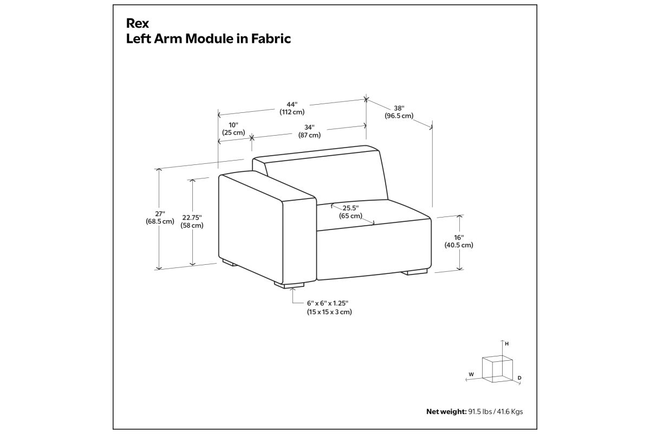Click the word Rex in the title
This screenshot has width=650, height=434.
coord(138,23)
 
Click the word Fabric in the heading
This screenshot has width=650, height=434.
coord(271,39)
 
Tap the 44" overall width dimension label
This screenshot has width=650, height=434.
coord(292,108)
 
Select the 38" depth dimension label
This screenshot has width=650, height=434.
coord(399,112)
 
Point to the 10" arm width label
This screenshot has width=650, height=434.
coord(233,129)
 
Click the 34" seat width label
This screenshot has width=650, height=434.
coord(309,131)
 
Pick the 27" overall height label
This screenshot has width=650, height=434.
coord(160,218)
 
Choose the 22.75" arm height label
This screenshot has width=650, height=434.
coord(192,221)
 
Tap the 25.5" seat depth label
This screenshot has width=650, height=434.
coord(350,212)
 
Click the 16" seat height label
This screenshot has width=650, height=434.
coord(459,241)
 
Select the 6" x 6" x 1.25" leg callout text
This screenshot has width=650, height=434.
coord(329,308)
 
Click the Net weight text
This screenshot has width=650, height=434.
coord(474,412)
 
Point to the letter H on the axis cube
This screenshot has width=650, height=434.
coord(506,344)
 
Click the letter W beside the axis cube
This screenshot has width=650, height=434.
coord(471,374)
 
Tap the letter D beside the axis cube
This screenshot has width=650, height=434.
coord(519,378)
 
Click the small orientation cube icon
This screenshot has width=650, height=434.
coord(497,369)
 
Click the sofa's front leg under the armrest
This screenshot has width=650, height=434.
coord(289,285)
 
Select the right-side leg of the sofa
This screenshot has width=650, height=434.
coord(414,272)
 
